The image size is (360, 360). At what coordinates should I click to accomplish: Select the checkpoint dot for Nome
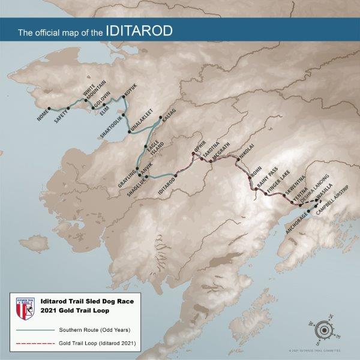coord(50,108)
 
